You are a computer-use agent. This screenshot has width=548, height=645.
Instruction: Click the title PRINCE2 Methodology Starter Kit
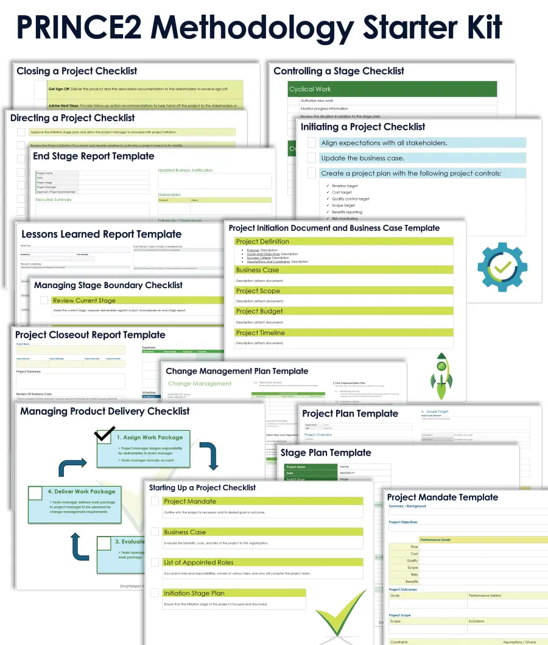pos(259,27)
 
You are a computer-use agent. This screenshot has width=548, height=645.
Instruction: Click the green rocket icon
pos(441,375)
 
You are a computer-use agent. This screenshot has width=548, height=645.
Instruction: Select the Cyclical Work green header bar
pos(392,89)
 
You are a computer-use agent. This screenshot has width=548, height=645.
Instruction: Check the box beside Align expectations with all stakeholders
pos(311,143)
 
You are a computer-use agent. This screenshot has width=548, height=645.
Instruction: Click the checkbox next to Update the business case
pos(311,158)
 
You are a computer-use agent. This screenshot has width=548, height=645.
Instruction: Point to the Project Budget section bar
pos(344,311)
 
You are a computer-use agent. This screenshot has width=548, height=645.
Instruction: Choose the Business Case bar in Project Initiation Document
pos(344,270)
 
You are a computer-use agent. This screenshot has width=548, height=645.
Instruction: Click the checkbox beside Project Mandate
pos(155,501)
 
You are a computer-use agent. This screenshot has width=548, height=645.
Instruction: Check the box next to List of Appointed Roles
pos(155,562)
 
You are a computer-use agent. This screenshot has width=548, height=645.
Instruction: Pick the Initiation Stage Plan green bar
pos(234,593)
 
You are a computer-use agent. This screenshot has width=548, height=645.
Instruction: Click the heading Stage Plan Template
pos(326,453)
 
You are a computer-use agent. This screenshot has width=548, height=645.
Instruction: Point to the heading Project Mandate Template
pos(443,497)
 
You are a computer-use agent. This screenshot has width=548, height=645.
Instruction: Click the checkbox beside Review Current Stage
pos(44,300)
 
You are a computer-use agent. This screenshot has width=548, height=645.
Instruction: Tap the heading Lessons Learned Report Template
pos(101,234)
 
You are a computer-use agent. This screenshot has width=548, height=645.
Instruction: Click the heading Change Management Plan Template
pos(237,371)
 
